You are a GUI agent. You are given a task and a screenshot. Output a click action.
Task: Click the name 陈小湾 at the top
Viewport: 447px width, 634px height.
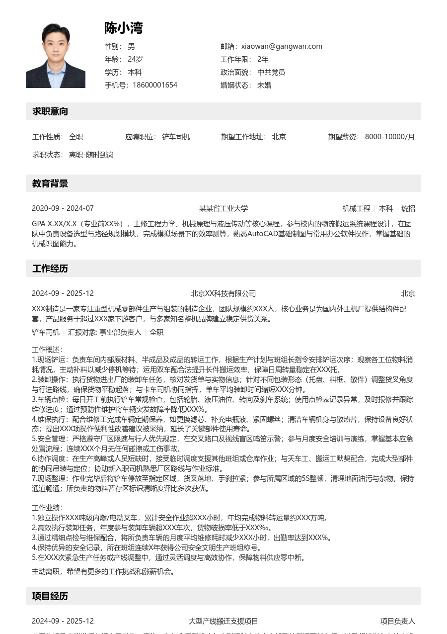[123, 28]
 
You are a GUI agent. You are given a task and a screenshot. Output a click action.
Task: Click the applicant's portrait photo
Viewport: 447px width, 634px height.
[56, 55]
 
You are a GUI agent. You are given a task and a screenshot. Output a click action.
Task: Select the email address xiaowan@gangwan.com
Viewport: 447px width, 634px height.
[282, 46]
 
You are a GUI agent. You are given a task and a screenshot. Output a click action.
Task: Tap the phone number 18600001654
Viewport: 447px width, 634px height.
[155, 85]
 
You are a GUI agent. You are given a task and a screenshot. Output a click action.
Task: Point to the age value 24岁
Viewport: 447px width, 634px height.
[135, 59]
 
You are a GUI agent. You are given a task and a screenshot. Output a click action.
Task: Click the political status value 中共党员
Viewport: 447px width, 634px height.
[271, 72]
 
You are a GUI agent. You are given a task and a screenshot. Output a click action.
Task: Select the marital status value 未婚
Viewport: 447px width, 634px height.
[264, 85]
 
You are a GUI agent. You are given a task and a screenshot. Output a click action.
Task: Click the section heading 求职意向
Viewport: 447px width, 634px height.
[50, 111]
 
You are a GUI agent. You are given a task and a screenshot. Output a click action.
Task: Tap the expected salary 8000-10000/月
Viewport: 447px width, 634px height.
[389, 137]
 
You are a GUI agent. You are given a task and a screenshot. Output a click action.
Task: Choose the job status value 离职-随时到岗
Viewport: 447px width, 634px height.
[91, 155]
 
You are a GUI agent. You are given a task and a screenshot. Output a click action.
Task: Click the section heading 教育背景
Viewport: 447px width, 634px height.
[50, 183]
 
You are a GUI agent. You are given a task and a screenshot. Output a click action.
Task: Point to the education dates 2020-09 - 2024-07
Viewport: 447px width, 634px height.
[63, 208]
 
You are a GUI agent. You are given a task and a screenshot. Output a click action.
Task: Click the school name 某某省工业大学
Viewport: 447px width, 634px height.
[223, 208]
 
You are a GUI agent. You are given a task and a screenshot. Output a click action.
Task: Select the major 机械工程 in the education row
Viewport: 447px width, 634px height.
[356, 208]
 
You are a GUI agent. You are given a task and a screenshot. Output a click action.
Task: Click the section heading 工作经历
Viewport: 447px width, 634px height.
[50, 269]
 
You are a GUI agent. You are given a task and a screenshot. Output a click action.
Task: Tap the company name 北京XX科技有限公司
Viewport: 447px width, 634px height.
[223, 293]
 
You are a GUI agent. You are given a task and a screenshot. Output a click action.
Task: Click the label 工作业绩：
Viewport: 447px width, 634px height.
[48, 508]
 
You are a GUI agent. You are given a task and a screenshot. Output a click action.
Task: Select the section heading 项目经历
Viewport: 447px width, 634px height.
[50, 596]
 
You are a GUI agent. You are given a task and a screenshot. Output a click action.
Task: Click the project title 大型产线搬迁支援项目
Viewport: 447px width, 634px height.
[223, 621]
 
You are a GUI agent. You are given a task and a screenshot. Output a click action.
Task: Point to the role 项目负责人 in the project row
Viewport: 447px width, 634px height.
[397, 621]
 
